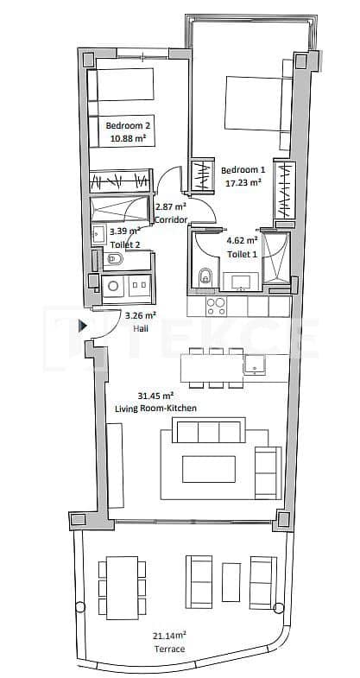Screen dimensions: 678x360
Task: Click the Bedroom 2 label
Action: pyautogui.click(x=129, y=125)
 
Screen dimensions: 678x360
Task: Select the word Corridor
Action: pyautogui.click(x=171, y=220)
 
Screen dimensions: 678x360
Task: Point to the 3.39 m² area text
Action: pyautogui.click(x=124, y=231)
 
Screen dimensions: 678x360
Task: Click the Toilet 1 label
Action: pyautogui.click(x=242, y=254)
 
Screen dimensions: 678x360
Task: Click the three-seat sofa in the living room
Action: pyautogui.click(x=207, y=430)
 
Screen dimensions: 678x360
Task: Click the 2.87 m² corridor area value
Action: pyautogui.click(x=165, y=208)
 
